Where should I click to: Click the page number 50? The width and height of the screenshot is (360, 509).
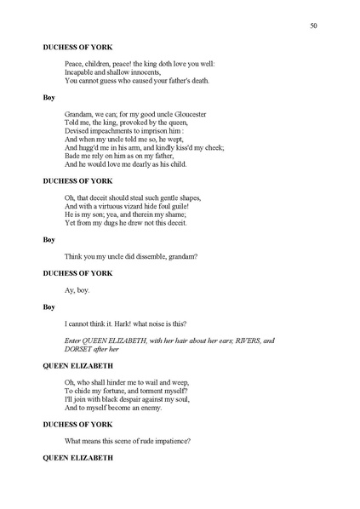tap(314, 26)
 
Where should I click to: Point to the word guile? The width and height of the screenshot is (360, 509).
tap(187, 205)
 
